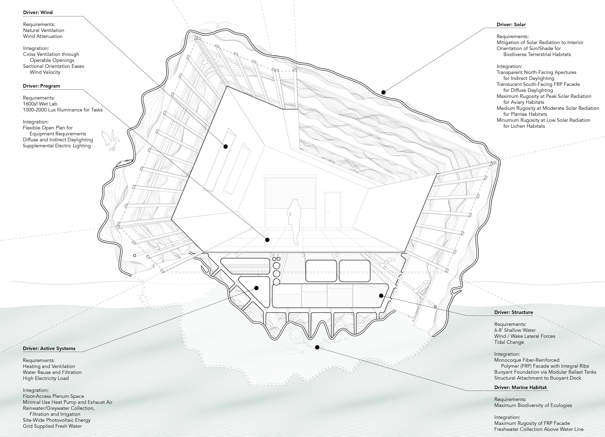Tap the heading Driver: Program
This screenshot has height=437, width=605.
point(41,86)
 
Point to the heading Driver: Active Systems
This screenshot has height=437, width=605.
point(49,348)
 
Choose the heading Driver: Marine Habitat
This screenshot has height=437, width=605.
point(520,387)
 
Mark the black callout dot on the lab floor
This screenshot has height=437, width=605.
point(267,240)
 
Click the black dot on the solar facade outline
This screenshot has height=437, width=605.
point(383,92)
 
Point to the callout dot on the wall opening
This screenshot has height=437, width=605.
point(226,146)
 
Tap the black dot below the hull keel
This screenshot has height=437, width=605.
point(317,347)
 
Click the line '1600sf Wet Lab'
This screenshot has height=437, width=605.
point(40,104)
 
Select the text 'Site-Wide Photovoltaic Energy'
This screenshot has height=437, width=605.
point(57,420)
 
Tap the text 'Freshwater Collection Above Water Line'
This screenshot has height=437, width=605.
point(539,429)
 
